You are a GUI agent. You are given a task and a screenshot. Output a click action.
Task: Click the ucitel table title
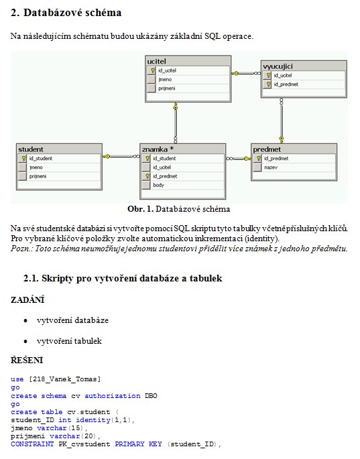[156, 62]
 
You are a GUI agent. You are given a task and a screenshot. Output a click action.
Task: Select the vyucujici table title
[278, 66]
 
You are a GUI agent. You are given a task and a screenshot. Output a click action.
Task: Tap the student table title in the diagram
[31, 149]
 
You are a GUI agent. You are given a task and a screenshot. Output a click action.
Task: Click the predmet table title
[267, 149]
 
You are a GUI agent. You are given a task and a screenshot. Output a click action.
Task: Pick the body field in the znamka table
[158, 185]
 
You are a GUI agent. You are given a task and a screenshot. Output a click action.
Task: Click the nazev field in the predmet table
[271, 168]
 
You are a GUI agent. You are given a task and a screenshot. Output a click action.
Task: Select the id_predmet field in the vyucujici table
[286, 84]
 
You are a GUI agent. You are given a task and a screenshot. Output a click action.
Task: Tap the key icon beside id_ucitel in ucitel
[152, 70]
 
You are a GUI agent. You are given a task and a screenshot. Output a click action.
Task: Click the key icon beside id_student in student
[23, 158]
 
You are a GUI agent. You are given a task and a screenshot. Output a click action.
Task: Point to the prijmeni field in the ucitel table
[167, 88]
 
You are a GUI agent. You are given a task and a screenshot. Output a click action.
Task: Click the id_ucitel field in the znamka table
[162, 167]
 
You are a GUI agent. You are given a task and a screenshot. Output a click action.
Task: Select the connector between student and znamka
[121, 157]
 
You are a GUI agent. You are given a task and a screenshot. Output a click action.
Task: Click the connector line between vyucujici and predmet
[282, 121]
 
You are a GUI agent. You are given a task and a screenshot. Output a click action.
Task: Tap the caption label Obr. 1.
[140, 209]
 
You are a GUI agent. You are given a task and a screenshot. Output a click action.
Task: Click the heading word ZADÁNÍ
[27, 300]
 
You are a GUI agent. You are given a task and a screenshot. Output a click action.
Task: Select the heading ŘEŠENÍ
[27, 360]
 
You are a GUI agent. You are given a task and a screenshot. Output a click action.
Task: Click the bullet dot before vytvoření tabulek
[25, 341]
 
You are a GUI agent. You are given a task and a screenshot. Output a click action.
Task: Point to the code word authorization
[113, 396]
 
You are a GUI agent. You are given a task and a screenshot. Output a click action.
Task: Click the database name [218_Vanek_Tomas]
[64, 379]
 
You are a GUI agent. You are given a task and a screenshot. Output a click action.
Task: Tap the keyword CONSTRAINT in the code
[32, 444]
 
